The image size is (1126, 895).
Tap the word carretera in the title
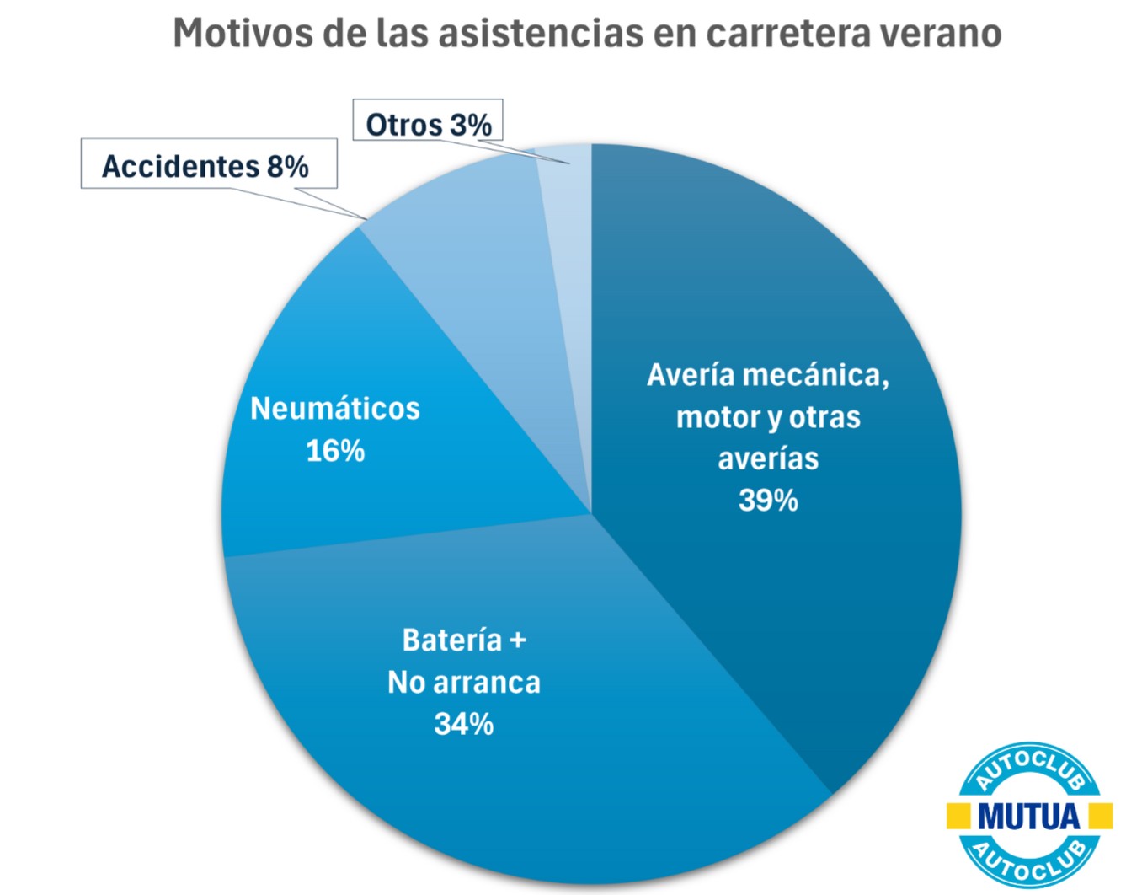[785, 34]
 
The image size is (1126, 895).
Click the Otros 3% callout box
[428, 123]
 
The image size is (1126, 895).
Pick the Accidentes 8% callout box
[207, 165]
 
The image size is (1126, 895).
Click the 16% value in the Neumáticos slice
[335, 451]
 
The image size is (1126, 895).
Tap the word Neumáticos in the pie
[335, 409]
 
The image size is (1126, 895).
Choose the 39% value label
[768, 501]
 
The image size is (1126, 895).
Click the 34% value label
[464, 724]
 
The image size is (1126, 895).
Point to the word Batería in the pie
[452, 640]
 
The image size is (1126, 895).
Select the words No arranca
[464, 683]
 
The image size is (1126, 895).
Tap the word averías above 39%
[768, 459]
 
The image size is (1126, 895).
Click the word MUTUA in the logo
[1028, 816]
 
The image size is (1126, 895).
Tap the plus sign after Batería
[518, 640]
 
